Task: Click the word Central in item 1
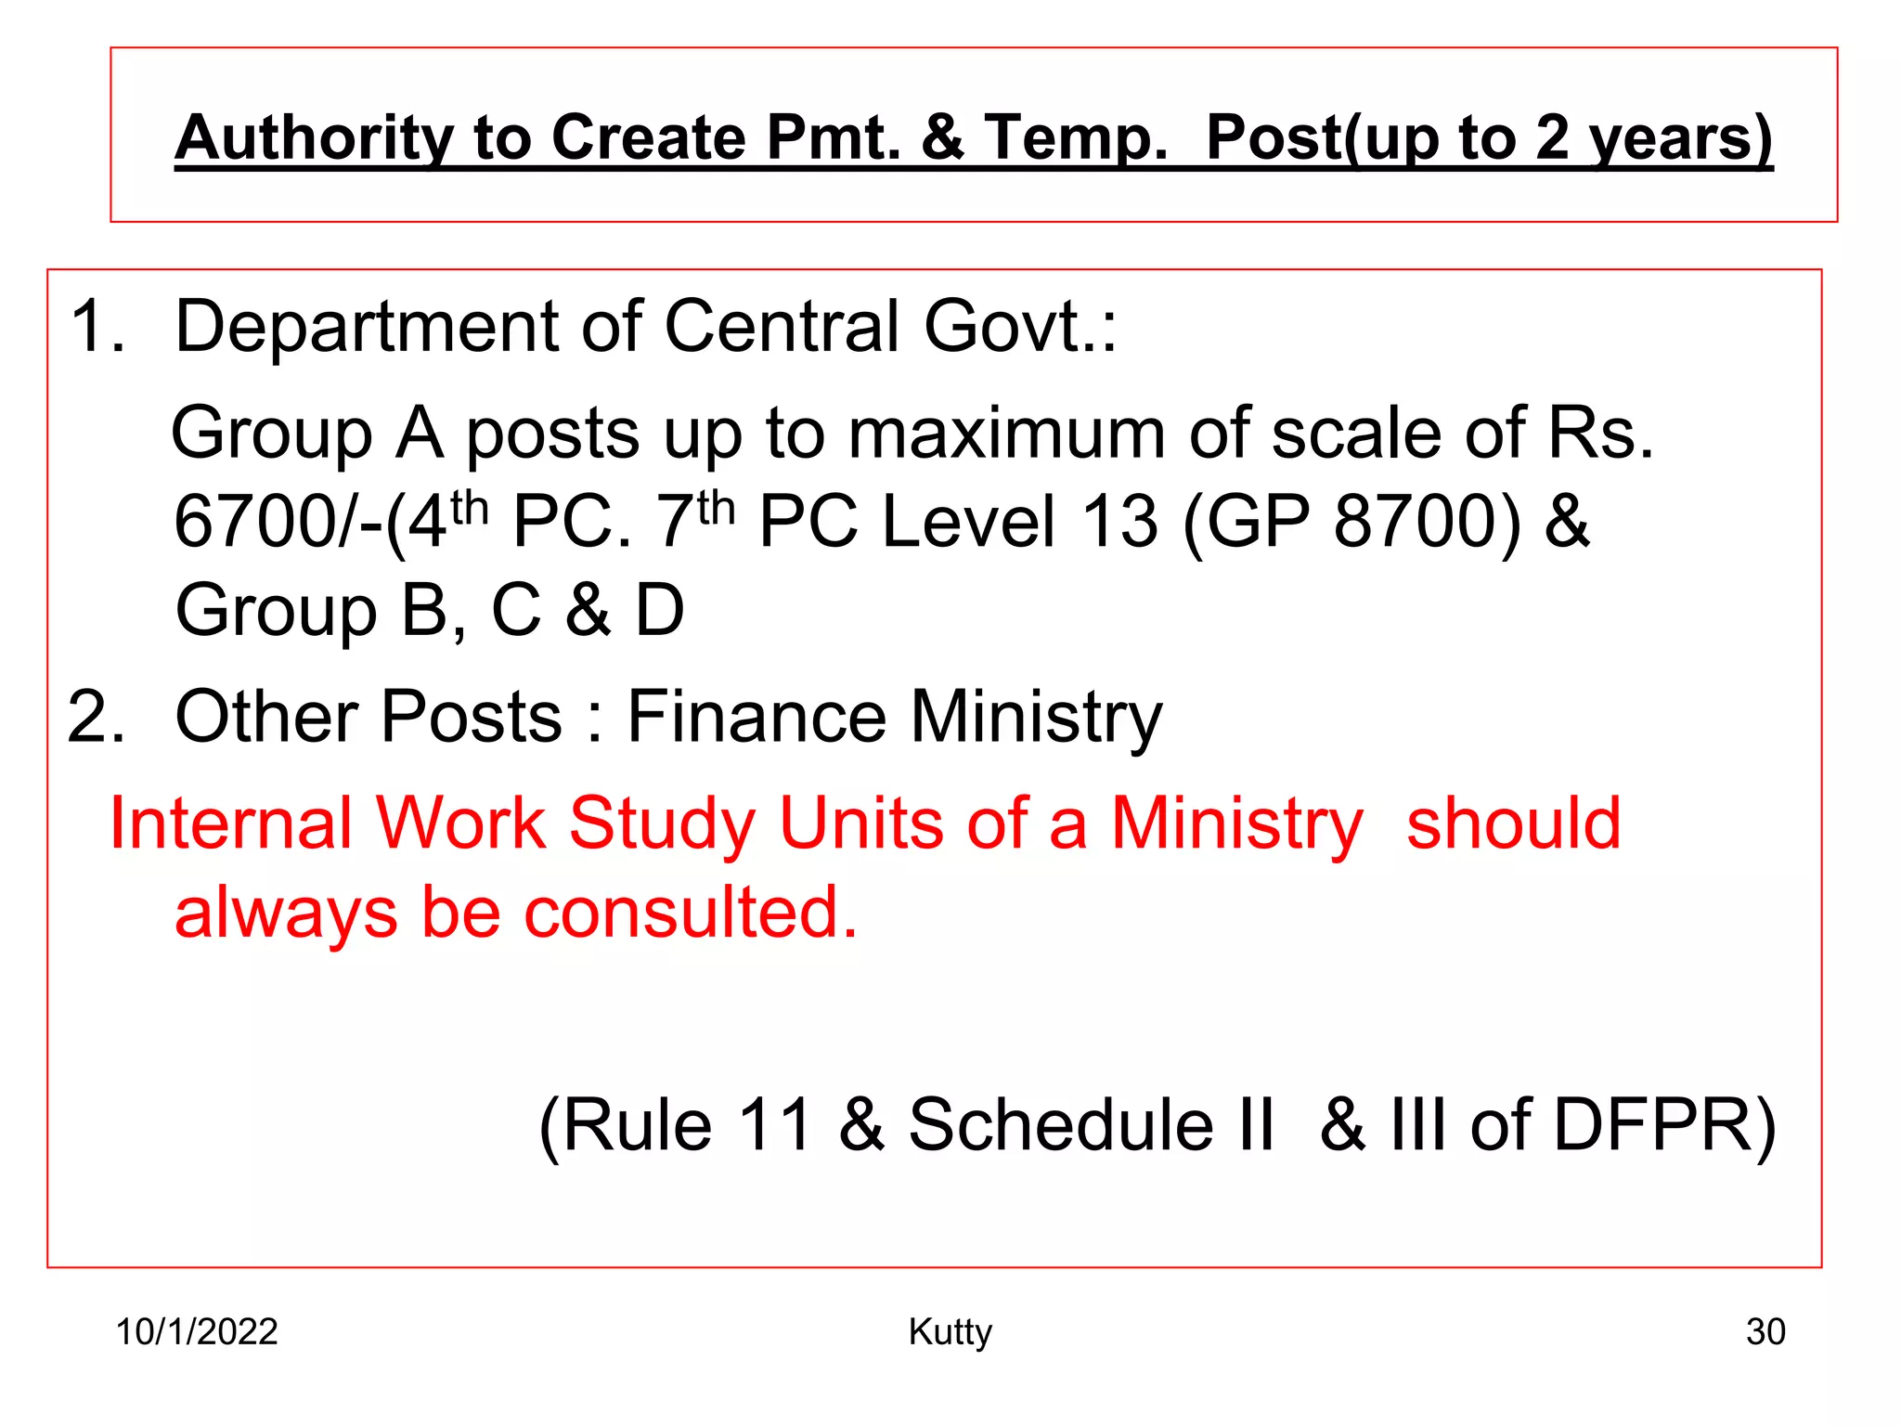782,327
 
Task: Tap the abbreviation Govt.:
1020,327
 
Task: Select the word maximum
1007,434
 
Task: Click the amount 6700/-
278,522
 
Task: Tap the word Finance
757,717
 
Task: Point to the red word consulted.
691,912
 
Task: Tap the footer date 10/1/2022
197,1331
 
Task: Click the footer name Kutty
950,1332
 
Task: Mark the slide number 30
1765,1331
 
